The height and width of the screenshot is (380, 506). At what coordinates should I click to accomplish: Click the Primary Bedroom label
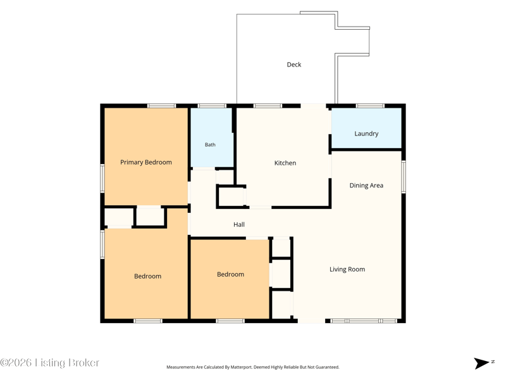tap(146, 162)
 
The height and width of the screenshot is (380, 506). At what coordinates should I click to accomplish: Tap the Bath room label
tap(210, 145)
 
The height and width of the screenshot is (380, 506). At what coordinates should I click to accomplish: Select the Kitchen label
tap(285, 163)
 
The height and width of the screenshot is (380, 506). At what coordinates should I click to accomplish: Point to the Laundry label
tap(366, 134)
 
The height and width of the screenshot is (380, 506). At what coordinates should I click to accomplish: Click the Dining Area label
tap(366, 186)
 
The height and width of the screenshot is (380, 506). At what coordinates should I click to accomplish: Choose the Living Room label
tap(347, 269)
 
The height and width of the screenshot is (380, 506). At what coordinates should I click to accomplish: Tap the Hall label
tap(239, 225)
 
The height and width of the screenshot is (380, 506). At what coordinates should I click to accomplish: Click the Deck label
tap(294, 65)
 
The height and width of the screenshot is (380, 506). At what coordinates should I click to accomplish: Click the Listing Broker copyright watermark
tap(49, 362)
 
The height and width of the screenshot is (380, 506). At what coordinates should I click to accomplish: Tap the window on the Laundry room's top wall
tap(370, 106)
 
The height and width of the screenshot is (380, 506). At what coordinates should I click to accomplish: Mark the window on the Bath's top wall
tap(212, 106)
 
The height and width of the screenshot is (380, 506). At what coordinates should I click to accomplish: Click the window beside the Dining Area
tap(404, 177)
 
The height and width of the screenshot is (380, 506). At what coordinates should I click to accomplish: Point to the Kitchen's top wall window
tap(268, 106)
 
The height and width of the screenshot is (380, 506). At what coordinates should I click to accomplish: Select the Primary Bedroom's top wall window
tap(162, 106)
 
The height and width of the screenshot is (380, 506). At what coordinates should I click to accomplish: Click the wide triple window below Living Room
tap(364, 321)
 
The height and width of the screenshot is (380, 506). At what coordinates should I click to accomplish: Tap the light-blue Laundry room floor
tap(366, 129)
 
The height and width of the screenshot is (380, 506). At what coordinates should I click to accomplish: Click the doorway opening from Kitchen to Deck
tap(313, 106)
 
